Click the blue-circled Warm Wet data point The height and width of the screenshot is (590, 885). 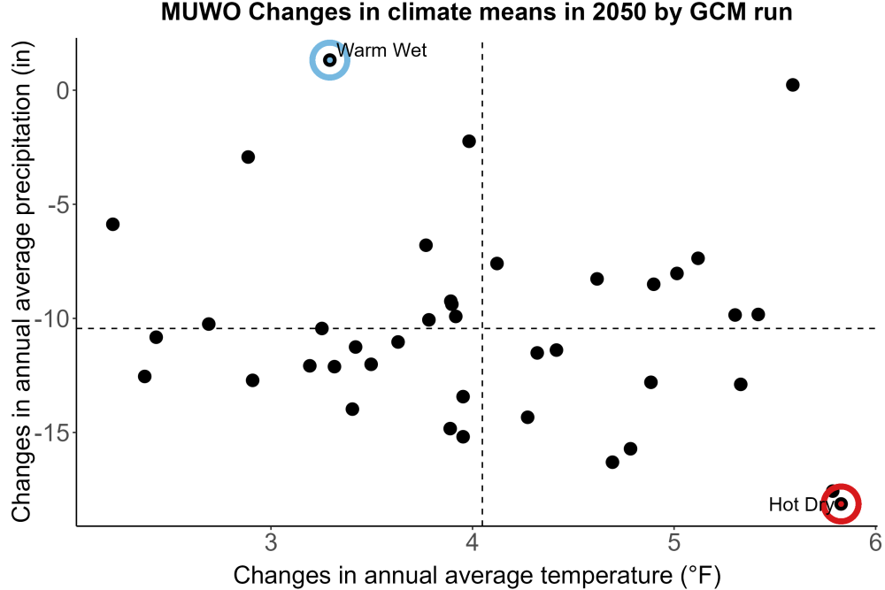(x=330, y=60)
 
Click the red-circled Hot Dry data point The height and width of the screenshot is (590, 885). (x=841, y=503)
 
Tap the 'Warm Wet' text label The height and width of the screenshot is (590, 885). (x=381, y=50)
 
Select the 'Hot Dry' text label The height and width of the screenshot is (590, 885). (x=802, y=504)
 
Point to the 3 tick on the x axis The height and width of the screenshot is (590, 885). (x=272, y=542)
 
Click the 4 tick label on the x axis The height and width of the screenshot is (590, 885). (x=473, y=542)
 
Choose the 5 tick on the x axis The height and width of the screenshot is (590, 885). (x=673, y=542)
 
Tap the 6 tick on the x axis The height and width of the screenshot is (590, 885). (x=875, y=542)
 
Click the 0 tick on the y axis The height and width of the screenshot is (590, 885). (x=63, y=90)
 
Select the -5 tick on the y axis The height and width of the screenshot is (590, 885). (x=58, y=204)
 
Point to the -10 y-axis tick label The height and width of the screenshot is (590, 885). (x=52, y=318)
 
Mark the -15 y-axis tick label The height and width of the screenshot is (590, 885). (x=52, y=433)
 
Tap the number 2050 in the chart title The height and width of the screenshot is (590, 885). (x=619, y=11)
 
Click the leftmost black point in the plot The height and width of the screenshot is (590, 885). (x=113, y=225)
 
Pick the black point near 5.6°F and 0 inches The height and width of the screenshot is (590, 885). (x=792, y=85)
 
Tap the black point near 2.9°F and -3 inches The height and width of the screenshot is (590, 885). (x=249, y=157)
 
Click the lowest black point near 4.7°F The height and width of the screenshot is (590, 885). (x=612, y=463)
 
